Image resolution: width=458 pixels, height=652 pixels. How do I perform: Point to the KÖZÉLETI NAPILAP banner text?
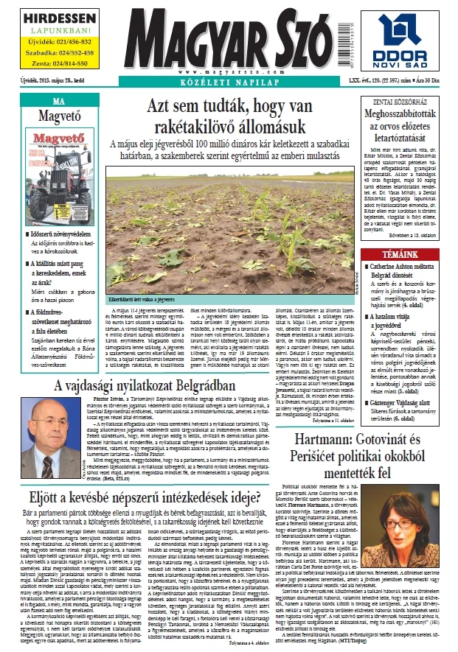point(229,84)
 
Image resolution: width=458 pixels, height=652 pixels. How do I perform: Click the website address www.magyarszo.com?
point(229,73)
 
